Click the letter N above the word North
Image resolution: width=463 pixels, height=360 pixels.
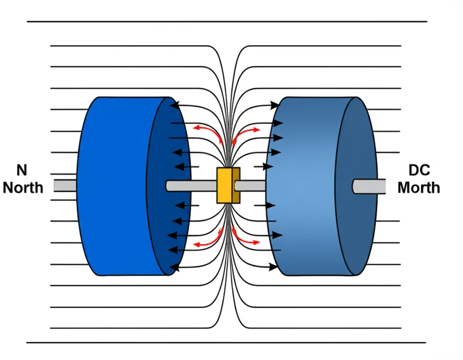[21, 170]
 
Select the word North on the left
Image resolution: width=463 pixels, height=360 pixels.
[23, 187]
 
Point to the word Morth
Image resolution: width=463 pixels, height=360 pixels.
[418, 187]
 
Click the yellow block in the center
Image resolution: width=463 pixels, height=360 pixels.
[227, 186]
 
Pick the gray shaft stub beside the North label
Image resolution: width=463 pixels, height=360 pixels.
[65, 186]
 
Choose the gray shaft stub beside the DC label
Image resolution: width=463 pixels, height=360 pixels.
[369, 186]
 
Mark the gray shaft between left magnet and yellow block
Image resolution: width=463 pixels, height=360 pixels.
[191, 186]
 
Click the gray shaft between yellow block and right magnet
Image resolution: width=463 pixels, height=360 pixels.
[250, 185]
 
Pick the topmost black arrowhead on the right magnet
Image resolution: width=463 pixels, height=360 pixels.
[274, 105]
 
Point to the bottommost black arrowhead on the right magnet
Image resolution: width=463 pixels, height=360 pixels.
[274, 267]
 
